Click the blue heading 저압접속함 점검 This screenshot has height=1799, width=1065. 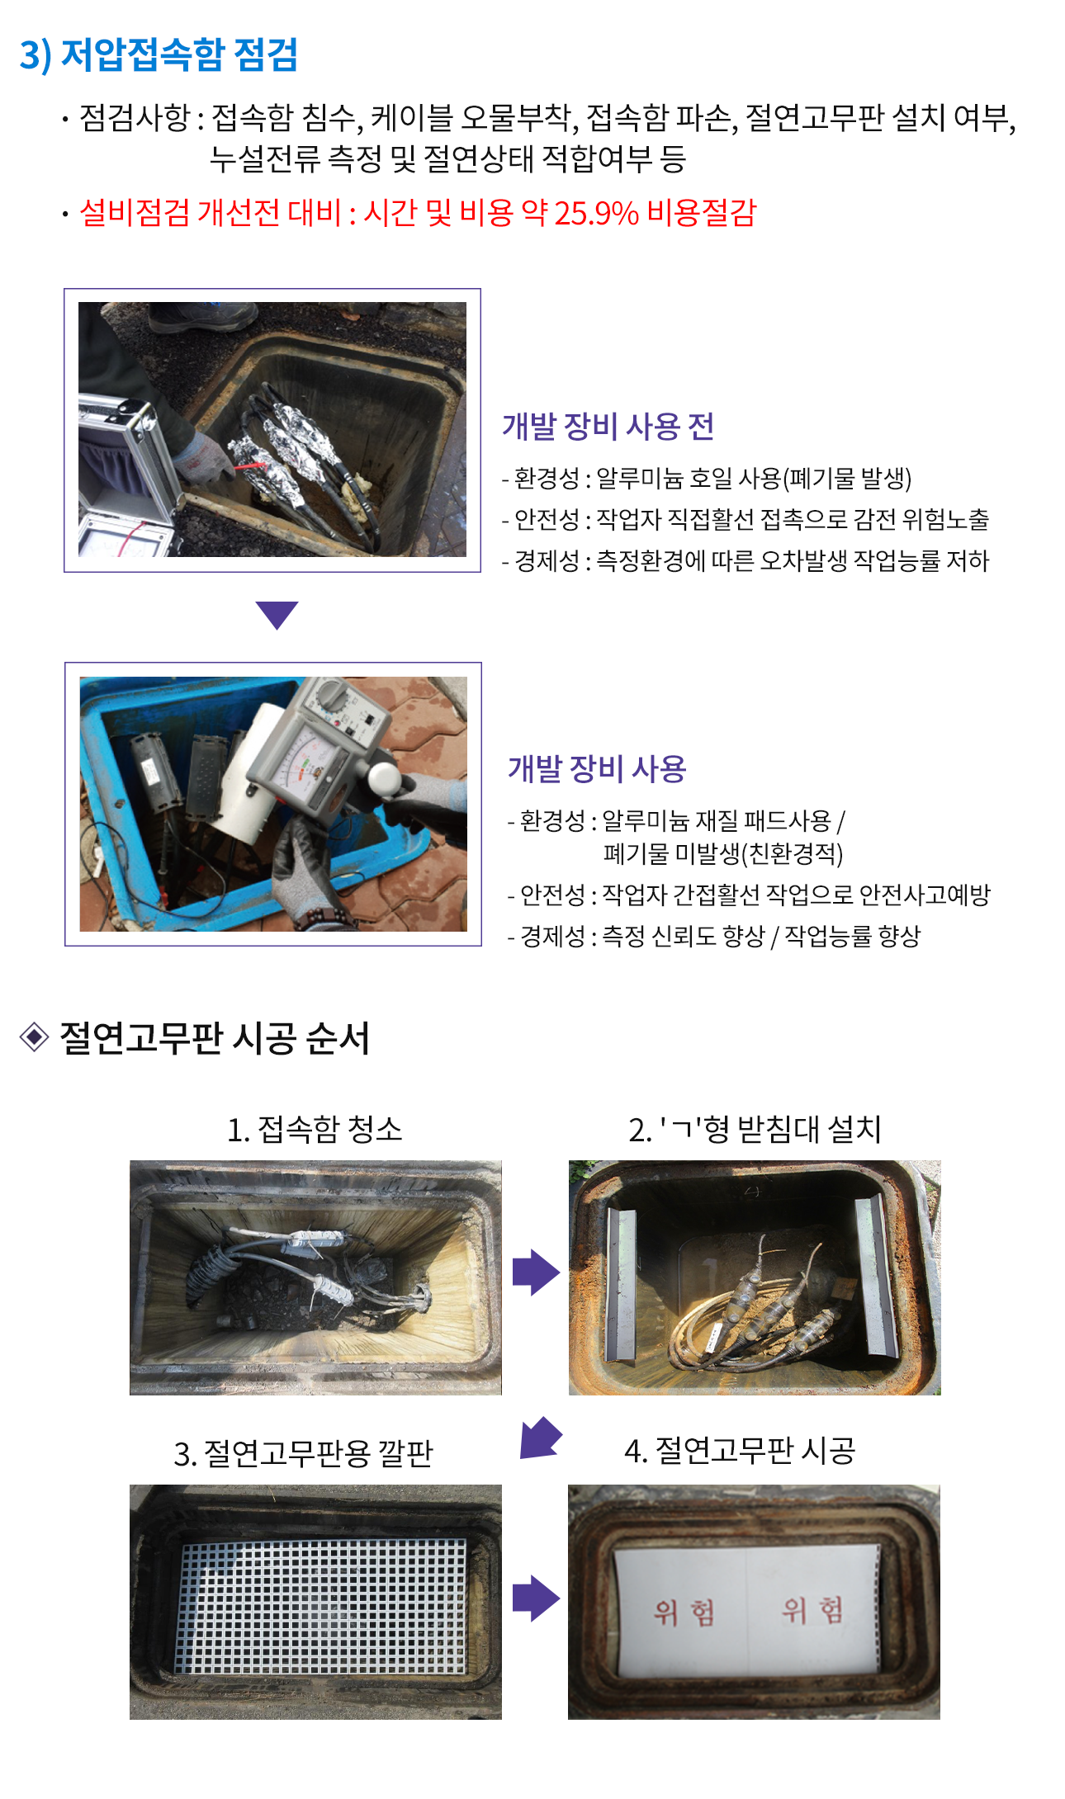point(179,54)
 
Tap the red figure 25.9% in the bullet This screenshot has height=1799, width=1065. point(596,213)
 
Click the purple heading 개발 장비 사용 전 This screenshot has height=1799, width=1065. point(608,426)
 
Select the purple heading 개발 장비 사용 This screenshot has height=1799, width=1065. point(597,768)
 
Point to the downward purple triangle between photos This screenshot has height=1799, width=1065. point(277,614)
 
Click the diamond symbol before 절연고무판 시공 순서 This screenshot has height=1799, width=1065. point(34,1037)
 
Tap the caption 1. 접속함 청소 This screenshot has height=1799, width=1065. point(315,1129)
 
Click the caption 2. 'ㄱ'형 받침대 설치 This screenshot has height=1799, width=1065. point(755,1129)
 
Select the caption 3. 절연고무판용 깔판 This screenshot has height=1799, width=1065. point(303,1453)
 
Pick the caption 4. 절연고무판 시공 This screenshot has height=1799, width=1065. point(740,1450)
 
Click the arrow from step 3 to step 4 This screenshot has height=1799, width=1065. point(536,1598)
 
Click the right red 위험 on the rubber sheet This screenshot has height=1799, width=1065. point(813,1609)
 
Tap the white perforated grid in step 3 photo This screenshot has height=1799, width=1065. point(321,1606)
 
